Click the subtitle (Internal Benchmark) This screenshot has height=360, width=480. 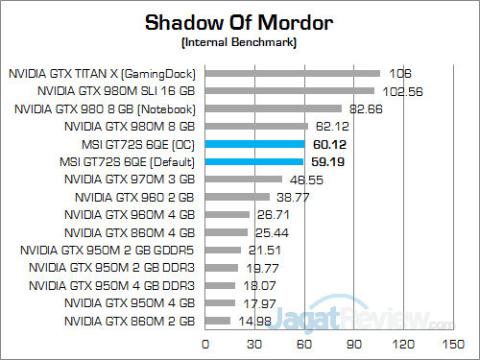239,43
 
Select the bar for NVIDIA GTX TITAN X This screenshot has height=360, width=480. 292,73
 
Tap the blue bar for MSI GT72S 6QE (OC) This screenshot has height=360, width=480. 253,144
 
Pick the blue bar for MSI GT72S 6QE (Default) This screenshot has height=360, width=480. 252,161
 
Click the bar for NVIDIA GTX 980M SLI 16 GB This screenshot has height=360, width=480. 289,90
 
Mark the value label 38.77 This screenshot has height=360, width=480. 291,197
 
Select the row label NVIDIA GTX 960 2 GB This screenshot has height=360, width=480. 135,197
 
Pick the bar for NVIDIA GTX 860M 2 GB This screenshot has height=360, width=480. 217,321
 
